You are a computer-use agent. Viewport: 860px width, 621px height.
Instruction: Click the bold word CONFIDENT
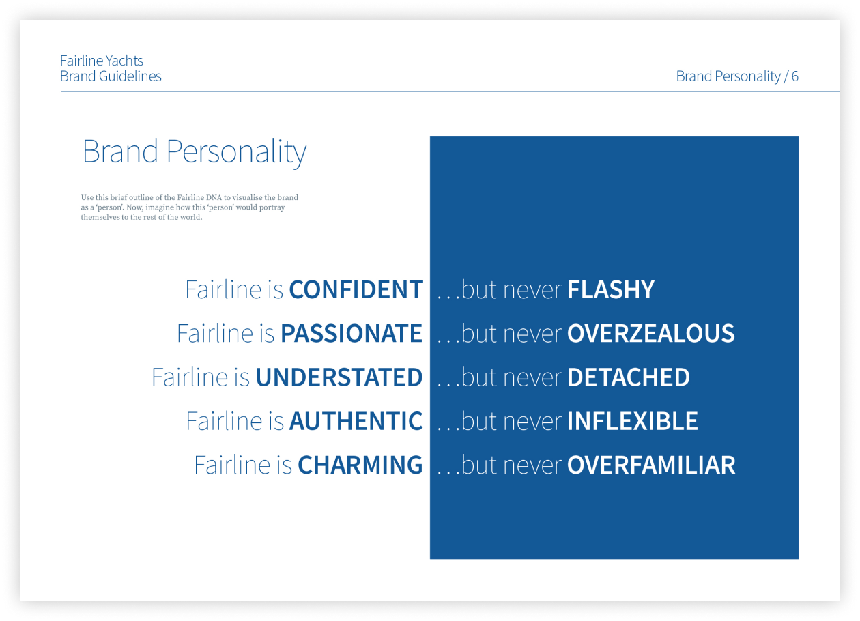(356, 290)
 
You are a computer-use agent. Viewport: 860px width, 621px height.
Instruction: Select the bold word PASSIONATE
(352, 333)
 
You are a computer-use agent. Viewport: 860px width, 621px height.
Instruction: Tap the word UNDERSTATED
(339, 377)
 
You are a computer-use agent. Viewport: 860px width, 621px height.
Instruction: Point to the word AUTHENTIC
(356, 421)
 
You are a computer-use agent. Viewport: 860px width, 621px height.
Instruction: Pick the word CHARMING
(360, 465)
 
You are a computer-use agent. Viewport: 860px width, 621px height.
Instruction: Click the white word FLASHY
(611, 290)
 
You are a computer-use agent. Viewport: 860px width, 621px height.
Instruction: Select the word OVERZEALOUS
(651, 333)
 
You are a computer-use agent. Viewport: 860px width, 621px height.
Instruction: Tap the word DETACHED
(629, 377)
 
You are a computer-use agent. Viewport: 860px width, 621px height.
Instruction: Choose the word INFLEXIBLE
(633, 421)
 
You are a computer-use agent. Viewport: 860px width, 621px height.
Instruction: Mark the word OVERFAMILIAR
(652, 465)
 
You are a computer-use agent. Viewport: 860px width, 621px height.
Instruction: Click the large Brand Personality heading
(195, 152)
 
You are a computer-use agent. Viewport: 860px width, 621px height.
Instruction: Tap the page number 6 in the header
(794, 76)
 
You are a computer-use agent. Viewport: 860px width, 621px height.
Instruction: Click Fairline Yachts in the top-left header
(101, 61)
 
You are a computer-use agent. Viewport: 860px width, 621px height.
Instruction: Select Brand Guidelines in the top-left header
(111, 76)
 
